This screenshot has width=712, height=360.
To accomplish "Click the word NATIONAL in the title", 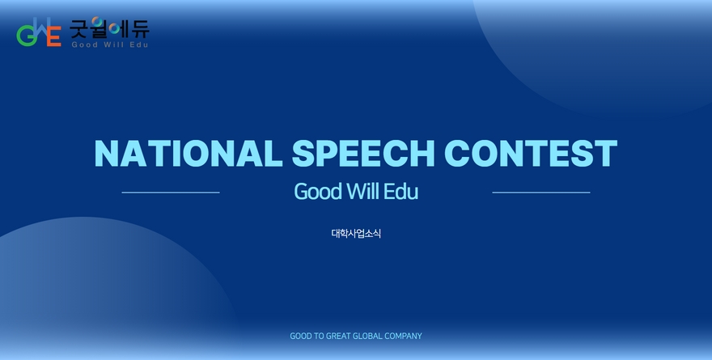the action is (189, 153).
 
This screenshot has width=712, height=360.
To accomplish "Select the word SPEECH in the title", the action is (362, 153).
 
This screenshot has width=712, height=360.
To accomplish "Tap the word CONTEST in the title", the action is (531, 153).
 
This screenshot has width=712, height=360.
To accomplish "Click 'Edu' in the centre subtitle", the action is (400, 191).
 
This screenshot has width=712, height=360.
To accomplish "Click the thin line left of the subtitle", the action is (171, 193).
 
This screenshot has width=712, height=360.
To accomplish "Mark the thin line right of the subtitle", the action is (541, 193).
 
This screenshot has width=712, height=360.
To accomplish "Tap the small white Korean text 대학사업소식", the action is (356, 233).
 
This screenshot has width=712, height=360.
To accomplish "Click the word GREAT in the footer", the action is (338, 336).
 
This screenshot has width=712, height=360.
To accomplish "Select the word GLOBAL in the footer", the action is (367, 336).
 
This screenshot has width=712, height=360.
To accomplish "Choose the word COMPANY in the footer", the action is (403, 336).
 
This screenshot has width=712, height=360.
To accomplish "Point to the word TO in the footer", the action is (320, 336).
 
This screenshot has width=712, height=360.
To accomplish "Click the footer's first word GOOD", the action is (301, 336).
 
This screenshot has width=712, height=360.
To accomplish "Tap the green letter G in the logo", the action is (26, 36).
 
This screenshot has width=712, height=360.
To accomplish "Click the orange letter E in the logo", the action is (54, 36).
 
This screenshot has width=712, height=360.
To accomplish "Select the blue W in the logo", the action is (41, 27).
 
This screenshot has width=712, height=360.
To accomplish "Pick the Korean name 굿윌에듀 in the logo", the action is (109, 28).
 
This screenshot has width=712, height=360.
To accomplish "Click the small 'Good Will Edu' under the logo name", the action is (110, 44).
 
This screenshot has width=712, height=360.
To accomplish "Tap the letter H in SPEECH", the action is (422, 153).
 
